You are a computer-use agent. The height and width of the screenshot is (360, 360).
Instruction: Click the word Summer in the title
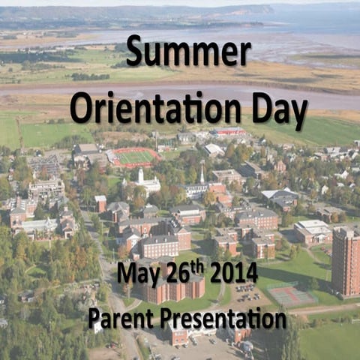pos(188,52)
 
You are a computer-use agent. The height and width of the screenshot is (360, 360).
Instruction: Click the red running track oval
pos(135,157)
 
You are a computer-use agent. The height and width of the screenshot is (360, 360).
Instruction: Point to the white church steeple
pos(140,175)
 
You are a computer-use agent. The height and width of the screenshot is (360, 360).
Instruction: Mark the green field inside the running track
pos(136,157)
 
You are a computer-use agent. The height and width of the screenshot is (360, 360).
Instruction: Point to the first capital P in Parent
pos(95,319)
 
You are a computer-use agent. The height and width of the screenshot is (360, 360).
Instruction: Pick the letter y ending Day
pos(299,114)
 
